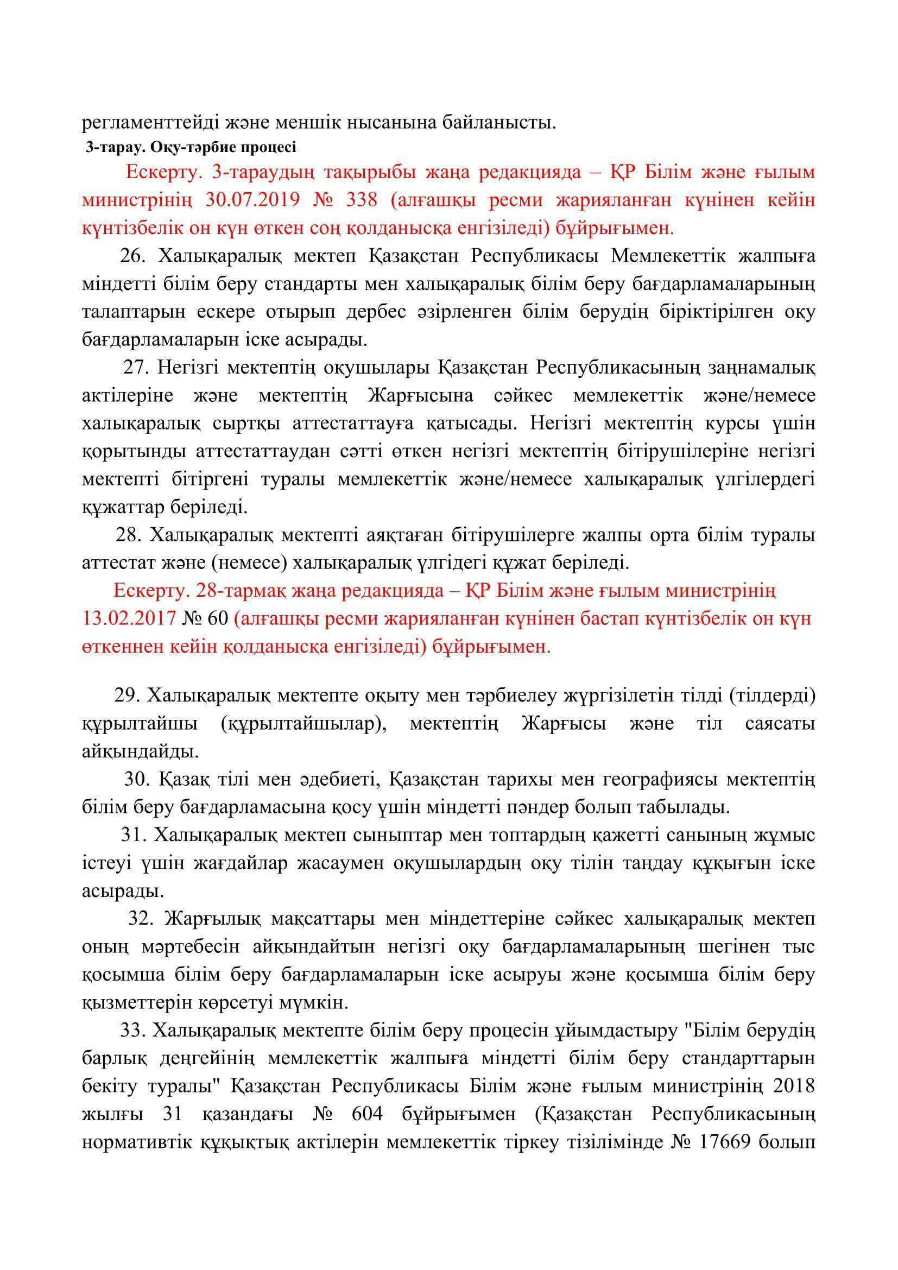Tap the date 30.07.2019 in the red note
point(252,200)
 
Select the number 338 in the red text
point(361,200)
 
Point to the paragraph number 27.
point(136,367)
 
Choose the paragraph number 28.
point(128,535)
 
